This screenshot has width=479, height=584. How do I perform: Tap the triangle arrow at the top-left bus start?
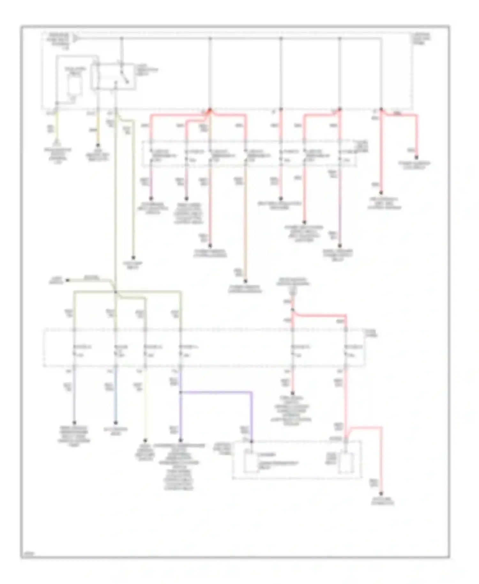click(x=76, y=38)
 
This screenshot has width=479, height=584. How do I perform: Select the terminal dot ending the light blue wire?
click(x=116, y=423)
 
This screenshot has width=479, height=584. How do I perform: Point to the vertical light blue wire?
click(x=116, y=396)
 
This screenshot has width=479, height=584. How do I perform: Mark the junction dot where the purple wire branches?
click(x=180, y=392)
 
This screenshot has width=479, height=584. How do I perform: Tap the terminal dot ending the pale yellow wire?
click(x=145, y=440)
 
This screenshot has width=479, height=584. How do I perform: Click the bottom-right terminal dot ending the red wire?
click(x=381, y=494)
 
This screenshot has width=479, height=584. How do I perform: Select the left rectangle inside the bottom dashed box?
click(x=251, y=461)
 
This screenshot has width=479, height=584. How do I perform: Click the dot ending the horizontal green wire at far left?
click(x=67, y=280)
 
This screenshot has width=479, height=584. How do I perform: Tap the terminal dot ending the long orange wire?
click(x=246, y=281)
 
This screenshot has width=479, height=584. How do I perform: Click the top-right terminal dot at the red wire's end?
click(x=416, y=158)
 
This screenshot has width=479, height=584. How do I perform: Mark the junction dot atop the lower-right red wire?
click(x=292, y=310)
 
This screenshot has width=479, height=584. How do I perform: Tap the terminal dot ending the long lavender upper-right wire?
click(x=340, y=246)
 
